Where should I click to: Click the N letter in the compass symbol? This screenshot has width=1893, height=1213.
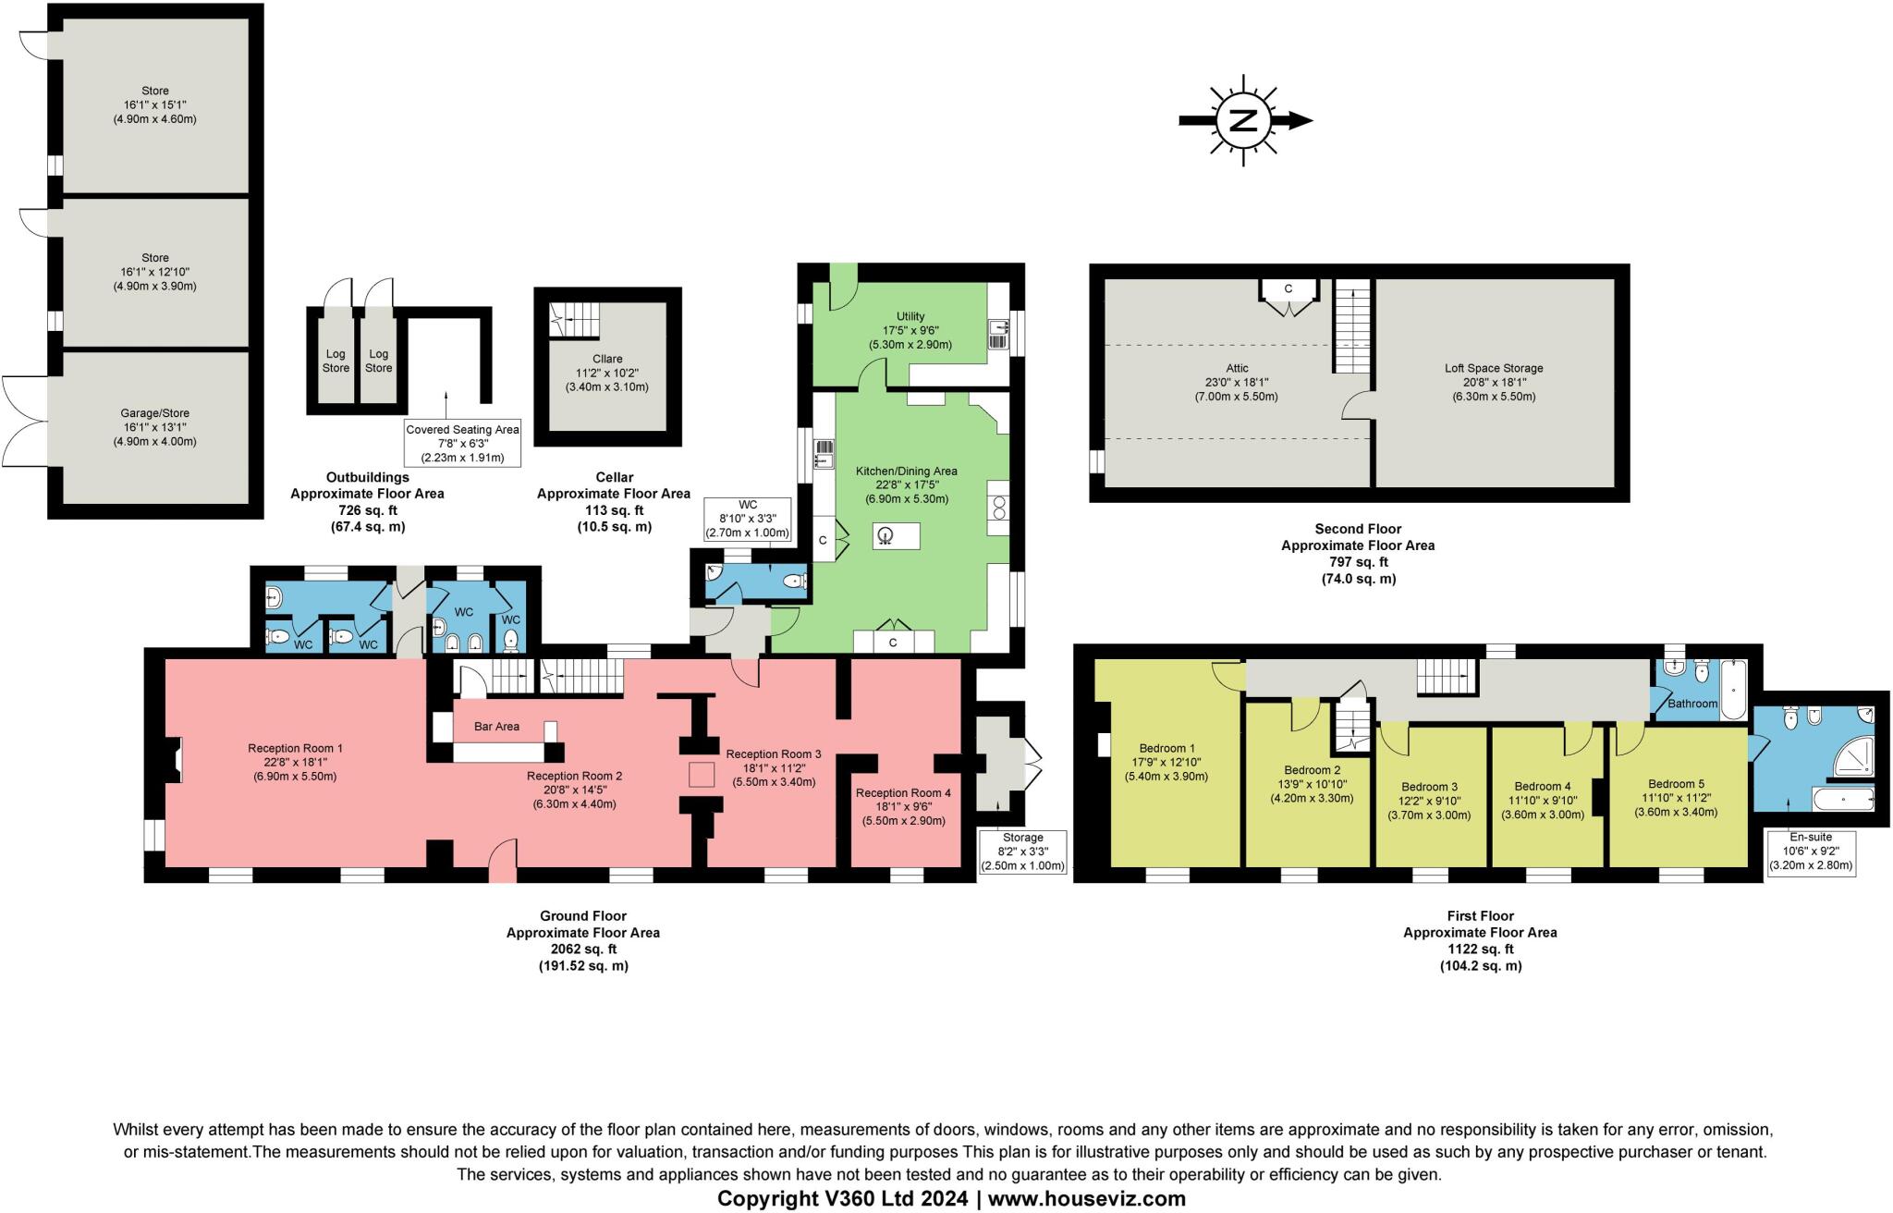[1244, 120]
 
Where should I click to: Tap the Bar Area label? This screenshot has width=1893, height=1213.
[496, 727]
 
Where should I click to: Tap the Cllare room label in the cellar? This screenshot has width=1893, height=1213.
[607, 359]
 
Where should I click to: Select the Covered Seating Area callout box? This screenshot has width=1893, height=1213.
[462, 444]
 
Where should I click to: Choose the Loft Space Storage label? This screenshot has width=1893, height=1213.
[1494, 368]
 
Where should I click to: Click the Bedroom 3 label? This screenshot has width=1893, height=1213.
[1428, 788]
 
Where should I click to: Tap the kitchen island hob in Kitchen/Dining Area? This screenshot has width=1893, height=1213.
[885, 535]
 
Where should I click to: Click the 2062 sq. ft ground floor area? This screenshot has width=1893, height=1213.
[582, 949]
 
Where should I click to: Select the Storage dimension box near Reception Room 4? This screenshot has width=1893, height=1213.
[1021, 852]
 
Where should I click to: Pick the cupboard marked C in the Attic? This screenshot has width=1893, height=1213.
[1288, 290]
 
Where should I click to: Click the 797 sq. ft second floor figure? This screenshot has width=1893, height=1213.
[1357, 562]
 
